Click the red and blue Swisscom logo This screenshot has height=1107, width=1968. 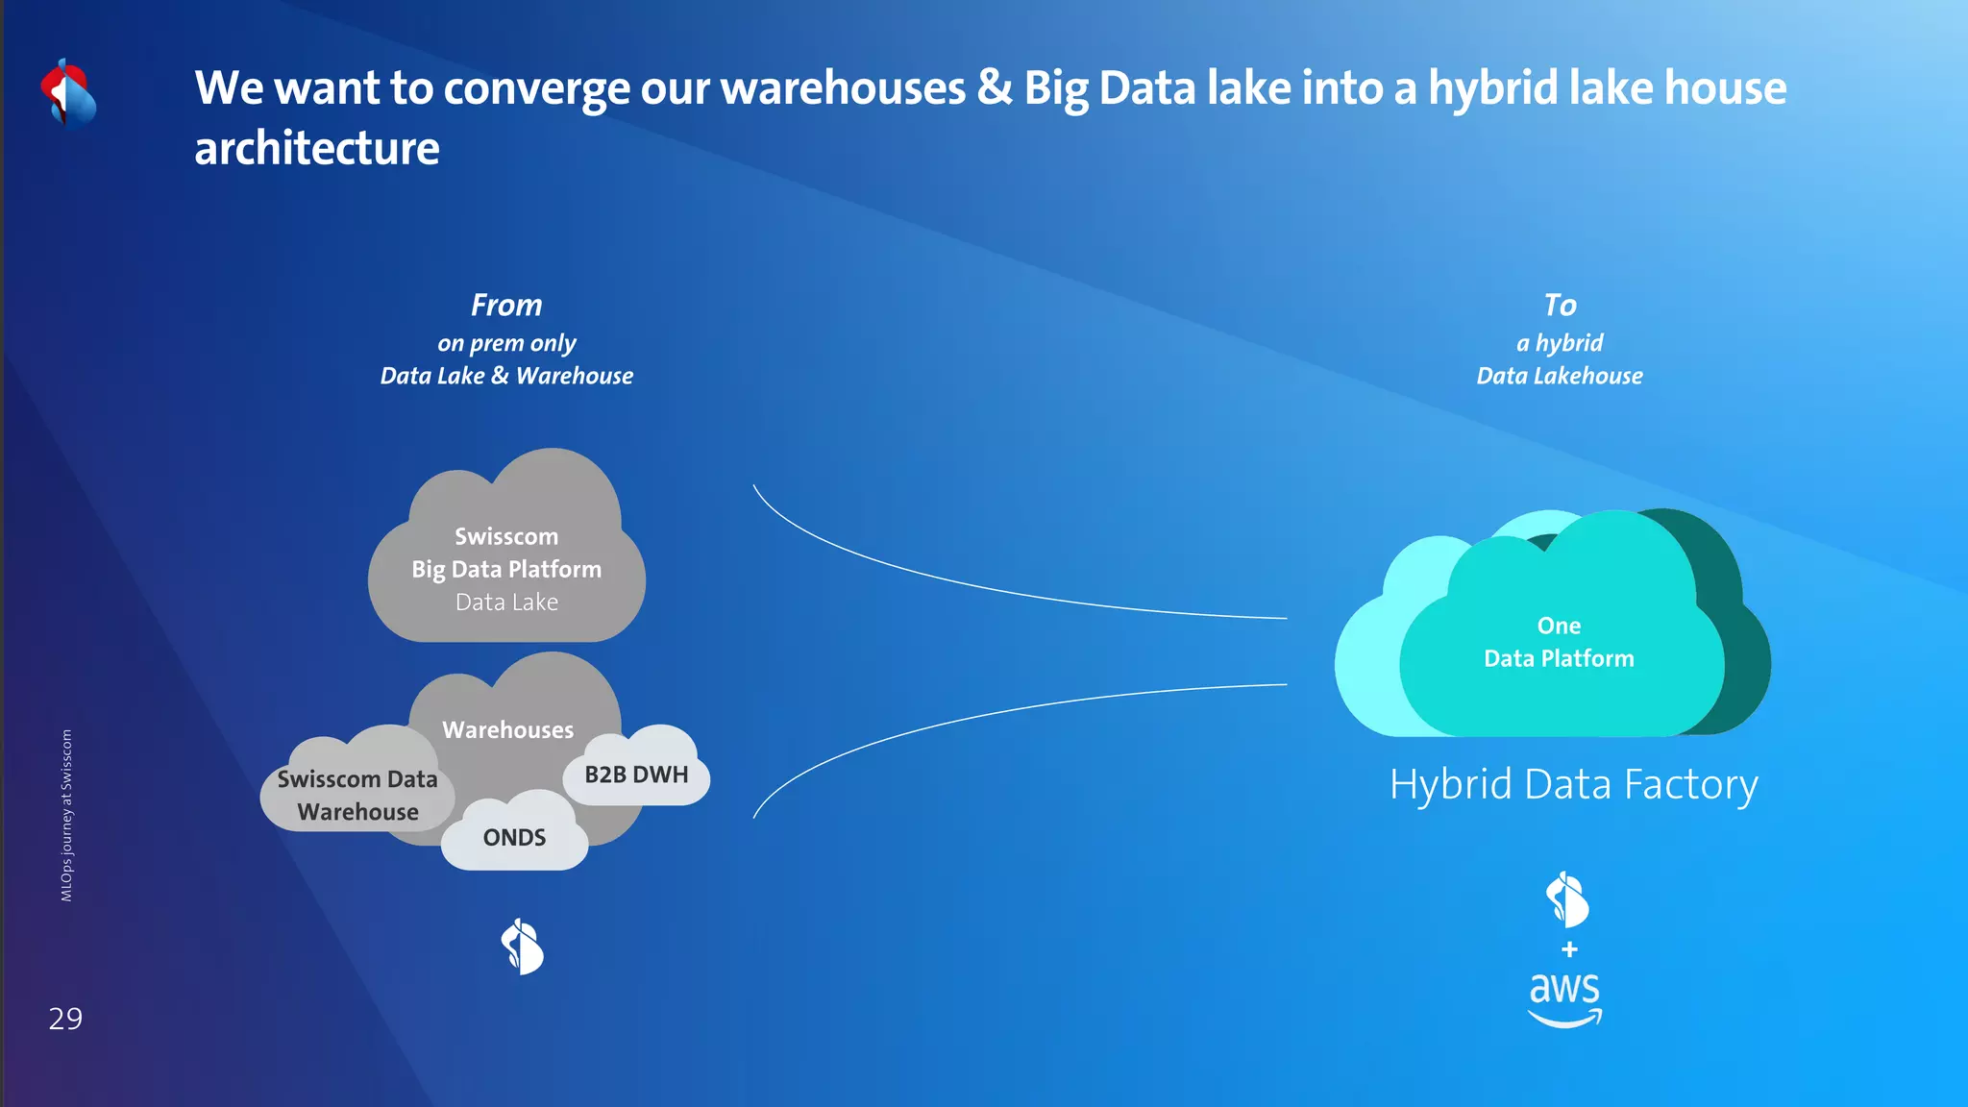[68, 94]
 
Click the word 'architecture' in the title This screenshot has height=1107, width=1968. [317, 149]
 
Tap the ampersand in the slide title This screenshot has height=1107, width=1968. [995, 87]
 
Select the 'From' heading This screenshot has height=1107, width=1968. [506, 306]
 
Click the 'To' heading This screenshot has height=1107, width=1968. [1560, 306]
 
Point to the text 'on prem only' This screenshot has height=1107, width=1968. [506, 343]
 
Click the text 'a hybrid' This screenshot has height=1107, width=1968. [1560, 343]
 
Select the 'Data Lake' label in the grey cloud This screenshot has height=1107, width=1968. [506, 603]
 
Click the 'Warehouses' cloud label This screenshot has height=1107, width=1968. [507, 730]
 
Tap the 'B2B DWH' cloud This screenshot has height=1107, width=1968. [636, 775]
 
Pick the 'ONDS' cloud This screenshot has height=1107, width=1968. [514, 837]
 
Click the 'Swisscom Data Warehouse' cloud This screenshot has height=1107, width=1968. [357, 796]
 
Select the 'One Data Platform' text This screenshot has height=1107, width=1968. [1559, 642]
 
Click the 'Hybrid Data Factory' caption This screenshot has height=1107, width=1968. [1573, 784]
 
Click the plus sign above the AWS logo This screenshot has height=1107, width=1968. [1569, 949]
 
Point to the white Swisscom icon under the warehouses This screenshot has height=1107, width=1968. [523, 947]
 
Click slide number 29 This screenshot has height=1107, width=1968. [65, 1019]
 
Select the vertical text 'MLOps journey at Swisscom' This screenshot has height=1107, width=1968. [66, 815]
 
